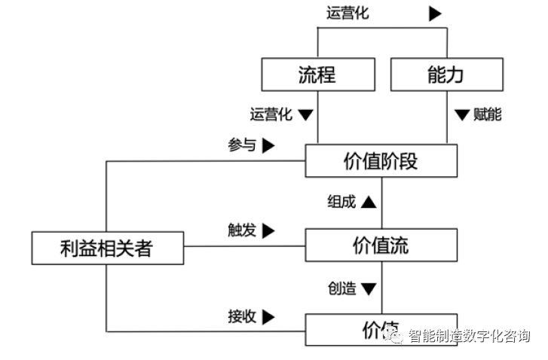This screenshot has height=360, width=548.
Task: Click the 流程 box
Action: click(317, 75)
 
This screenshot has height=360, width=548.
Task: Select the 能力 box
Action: click(446, 75)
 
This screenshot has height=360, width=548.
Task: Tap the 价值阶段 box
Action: click(381, 160)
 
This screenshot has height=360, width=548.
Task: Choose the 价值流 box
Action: click(381, 245)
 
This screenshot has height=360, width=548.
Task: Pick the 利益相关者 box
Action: click(107, 248)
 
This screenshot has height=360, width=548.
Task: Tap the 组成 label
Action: click(341, 202)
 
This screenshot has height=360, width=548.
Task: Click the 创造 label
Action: click(341, 288)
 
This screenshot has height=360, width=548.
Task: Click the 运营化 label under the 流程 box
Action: click(271, 115)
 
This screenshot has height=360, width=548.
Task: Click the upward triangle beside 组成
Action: click(368, 202)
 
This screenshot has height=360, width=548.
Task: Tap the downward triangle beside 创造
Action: click(368, 288)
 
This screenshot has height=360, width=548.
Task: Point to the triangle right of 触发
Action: click(269, 230)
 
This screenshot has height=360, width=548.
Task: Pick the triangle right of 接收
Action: click(269, 316)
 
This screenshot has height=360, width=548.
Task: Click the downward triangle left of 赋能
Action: click(462, 115)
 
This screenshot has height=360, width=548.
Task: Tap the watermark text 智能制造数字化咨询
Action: click(470, 337)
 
